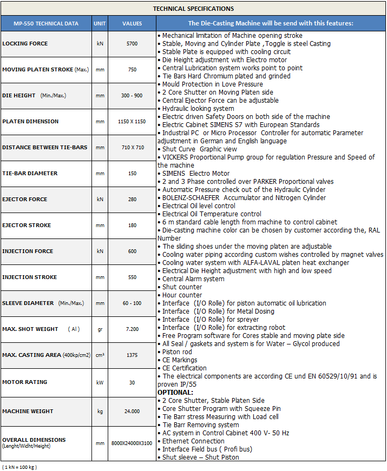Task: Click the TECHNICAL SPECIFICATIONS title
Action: [x=193, y=9]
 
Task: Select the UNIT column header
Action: [x=100, y=24]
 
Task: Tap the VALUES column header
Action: [x=132, y=24]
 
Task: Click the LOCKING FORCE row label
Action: [x=25, y=44]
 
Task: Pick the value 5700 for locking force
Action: [x=132, y=44]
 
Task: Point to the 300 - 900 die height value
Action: [x=132, y=96]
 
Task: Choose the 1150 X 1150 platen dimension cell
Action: [x=132, y=122]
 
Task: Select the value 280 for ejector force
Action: [x=132, y=200]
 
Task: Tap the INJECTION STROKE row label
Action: [x=29, y=277]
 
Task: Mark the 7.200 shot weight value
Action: [x=132, y=329]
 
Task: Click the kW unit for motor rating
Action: [x=100, y=382]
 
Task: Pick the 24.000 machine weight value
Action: [x=132, y=412]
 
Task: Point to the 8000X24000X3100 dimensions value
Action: [x=132, y=443]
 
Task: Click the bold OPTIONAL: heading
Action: [x=176, y=392]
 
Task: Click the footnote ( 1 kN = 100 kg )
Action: [x=20, y=467]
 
